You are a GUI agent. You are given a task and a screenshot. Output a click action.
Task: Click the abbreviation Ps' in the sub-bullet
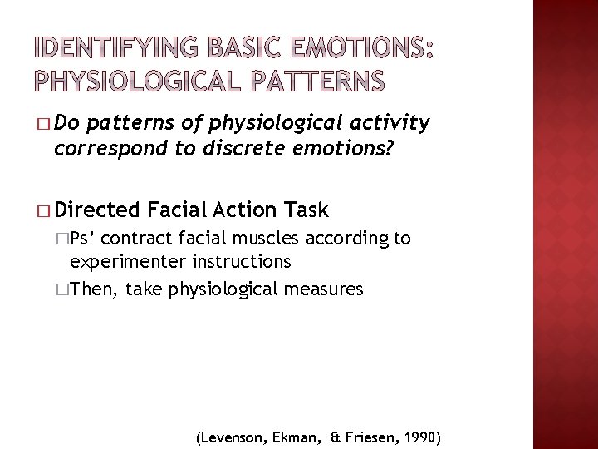coord(85,239)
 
